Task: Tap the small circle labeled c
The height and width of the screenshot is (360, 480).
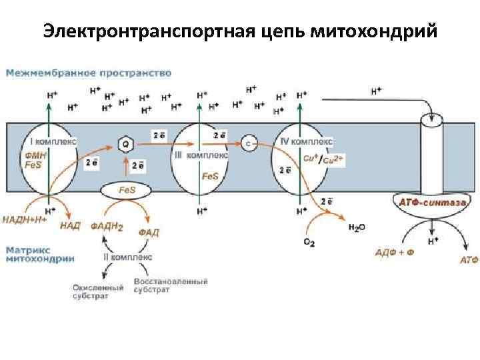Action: pos(249,143)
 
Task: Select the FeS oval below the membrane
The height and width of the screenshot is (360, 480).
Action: pos(126,191)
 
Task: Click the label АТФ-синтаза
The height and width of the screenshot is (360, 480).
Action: pos(429,200)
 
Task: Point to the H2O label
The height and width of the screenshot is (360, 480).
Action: pos(357,228)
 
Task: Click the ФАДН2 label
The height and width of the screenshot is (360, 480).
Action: pos(107,226)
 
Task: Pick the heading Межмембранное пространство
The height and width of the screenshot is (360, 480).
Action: pos(89,73)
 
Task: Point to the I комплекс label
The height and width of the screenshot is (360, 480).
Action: pos(54,141)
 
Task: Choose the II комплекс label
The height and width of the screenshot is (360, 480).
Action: pos(128,256)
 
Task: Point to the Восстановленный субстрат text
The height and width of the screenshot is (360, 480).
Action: pos(171,286)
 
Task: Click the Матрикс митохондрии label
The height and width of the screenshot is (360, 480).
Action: pos(40,255)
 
